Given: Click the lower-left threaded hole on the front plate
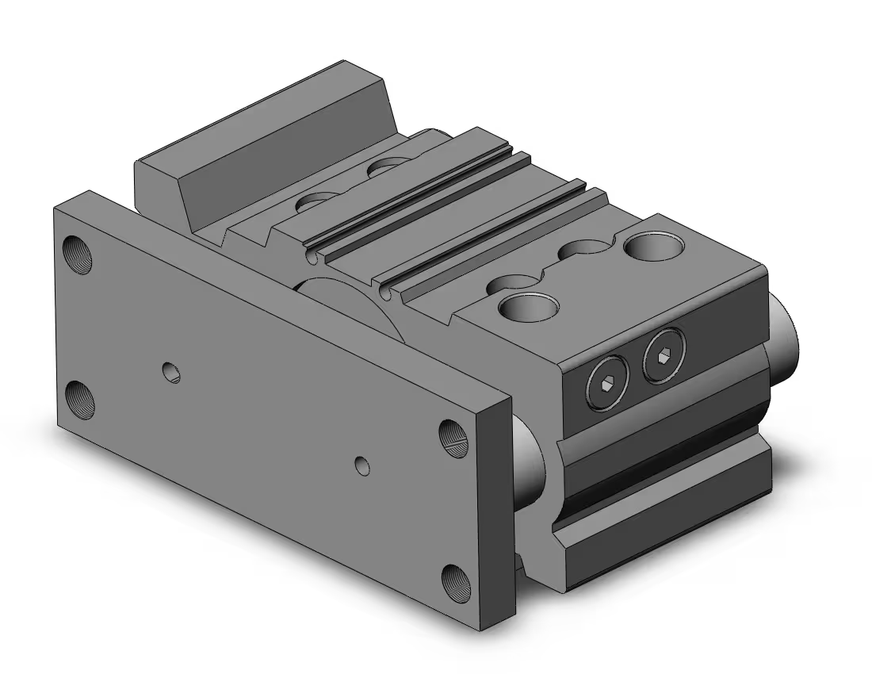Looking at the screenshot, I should (80, 399).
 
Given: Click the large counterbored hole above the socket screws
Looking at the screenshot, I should (527, 306).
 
